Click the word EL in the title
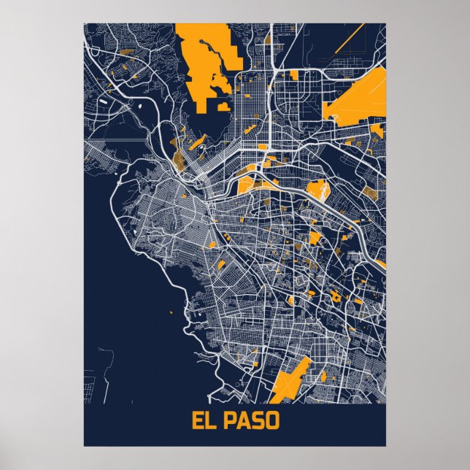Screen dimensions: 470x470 204,422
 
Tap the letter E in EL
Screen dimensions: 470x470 198,422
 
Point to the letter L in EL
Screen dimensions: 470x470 210,422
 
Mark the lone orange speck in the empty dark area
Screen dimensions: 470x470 172,313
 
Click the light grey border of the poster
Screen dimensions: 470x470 44,234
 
